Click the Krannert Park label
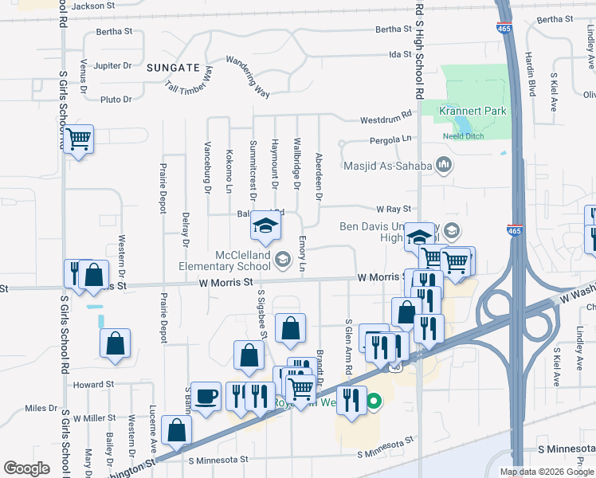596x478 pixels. tap(472, 111)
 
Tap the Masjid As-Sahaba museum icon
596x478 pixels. tap(444, 166)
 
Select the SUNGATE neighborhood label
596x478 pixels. tap(172, 68)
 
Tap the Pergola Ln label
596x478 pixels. tap(390, 140)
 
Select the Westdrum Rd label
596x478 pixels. tap(386, 118)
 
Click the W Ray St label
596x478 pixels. tap(392, 209)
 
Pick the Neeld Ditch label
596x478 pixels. tap(462, 135)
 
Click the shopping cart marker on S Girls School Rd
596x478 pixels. tap(78, 139)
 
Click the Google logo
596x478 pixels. tap(26, 468)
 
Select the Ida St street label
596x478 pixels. tap(399, 54)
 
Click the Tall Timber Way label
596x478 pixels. tap(189, 80)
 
